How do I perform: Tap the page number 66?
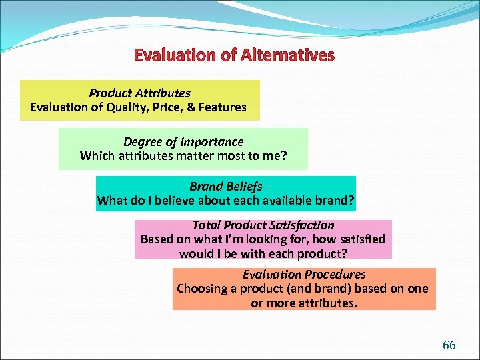point(449,345)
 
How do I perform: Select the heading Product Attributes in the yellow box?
point(139,93)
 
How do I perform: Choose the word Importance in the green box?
point(213,142)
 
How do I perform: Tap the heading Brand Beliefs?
point(225,187)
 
